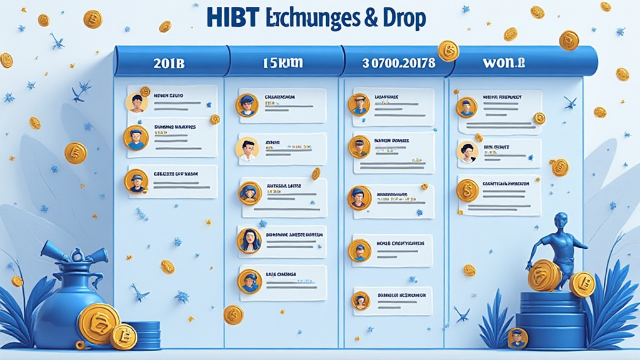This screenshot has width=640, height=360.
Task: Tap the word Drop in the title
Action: pyautogui.click(x=402, y=17)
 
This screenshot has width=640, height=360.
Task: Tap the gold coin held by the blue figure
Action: pyautogui.click(x=543, y=276)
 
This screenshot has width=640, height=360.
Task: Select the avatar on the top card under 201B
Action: pyautogui.click(x=136, y=102)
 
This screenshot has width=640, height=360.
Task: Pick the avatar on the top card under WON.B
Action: pyautogui.click(x=466, y=107)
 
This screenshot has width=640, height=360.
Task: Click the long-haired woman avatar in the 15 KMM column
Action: pyautogui.click(x=248, y=238)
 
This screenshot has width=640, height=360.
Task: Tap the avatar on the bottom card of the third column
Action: pyautogui.click(x=361, y=301)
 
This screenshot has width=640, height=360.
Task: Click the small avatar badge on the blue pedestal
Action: pyautogui.click(x=517, y=338)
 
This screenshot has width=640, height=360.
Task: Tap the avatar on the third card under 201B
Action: pyautogui.click(x=136, y=181)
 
